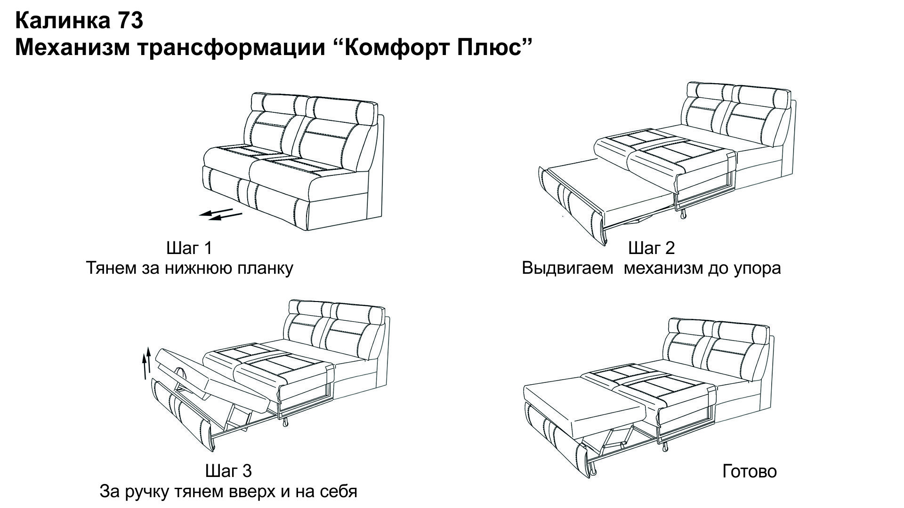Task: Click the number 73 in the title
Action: coord(128,21)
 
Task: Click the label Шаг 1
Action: coord(189,248)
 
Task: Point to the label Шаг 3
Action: coord(228,471)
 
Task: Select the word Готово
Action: coord(750,471)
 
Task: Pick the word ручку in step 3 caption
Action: coord(146,492)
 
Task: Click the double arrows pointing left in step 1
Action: coord(220,214)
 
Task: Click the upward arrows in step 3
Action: coord(147,363)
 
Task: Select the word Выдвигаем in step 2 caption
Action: coord(567,269)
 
